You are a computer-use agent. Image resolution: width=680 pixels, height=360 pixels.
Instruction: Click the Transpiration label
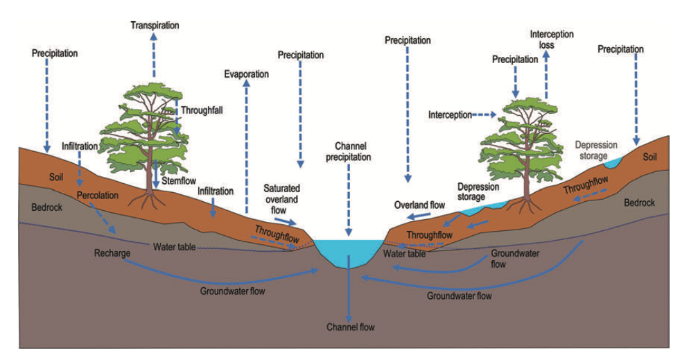point(155,26)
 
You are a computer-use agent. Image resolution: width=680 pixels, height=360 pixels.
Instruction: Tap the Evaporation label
point(246,74)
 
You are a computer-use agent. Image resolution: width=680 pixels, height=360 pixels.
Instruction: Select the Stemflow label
point(175,180)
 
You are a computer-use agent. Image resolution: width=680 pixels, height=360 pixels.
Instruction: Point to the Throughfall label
point(202,110)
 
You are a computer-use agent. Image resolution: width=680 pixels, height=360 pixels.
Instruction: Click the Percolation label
point(97,195)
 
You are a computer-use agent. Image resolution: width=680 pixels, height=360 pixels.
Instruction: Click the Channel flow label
point(350,327)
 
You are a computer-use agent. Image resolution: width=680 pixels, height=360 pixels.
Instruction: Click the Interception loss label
point(552,40)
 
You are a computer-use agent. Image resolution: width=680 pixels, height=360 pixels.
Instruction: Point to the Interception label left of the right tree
point(450,114)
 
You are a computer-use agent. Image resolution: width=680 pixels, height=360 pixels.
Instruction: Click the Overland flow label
point(419,205)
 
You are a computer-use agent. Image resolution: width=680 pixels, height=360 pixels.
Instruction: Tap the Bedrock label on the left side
point(47,207)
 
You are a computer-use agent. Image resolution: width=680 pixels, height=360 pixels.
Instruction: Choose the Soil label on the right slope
point(650,157)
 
